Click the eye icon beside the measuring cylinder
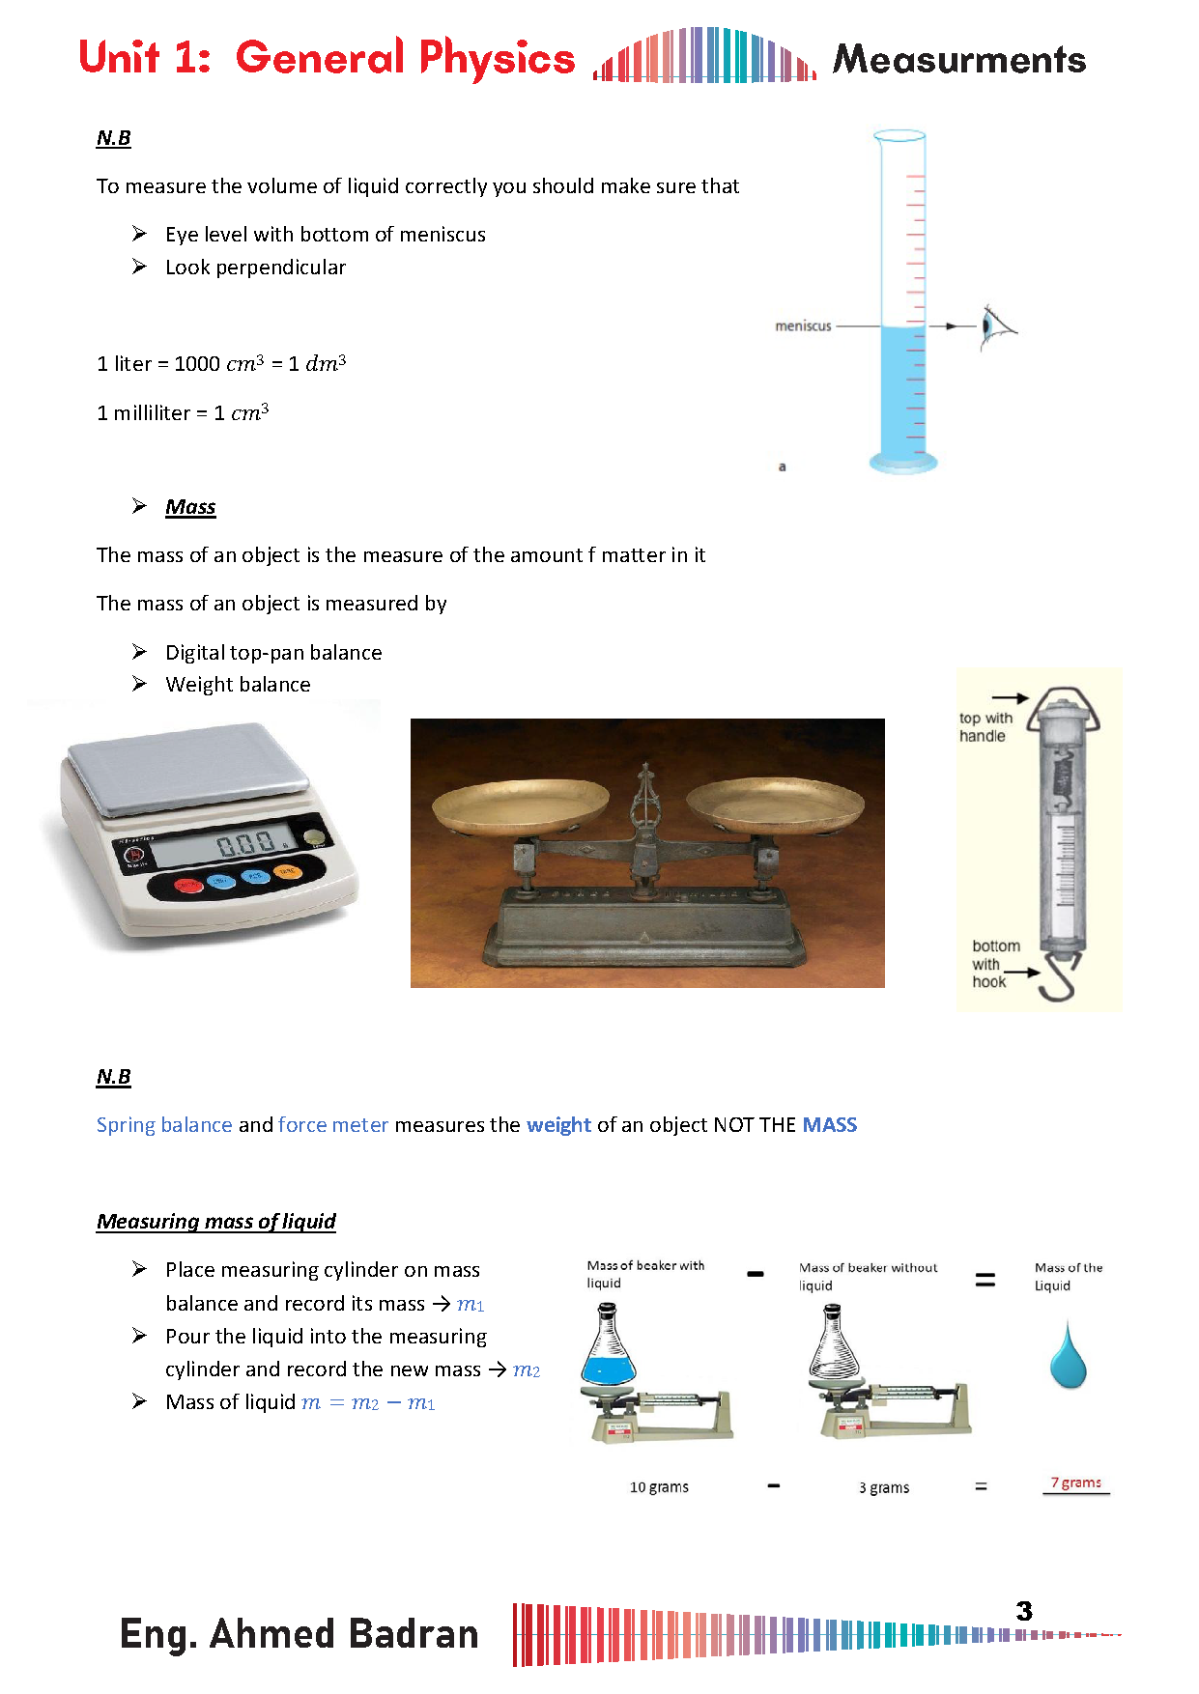(992, 326)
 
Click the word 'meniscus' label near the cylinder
(803, 326)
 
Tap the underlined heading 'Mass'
(190, 507)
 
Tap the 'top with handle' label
(985, 727)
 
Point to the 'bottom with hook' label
(994, 964)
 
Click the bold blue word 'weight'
(558, 1125)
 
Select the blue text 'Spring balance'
(164, 1125)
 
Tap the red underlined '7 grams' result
(1075, 1482)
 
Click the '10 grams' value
(659, 1487)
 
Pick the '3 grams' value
(884, 1488)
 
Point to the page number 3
(1024, 1611)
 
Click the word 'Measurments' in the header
(959, 60)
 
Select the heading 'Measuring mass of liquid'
(216, 1222)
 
